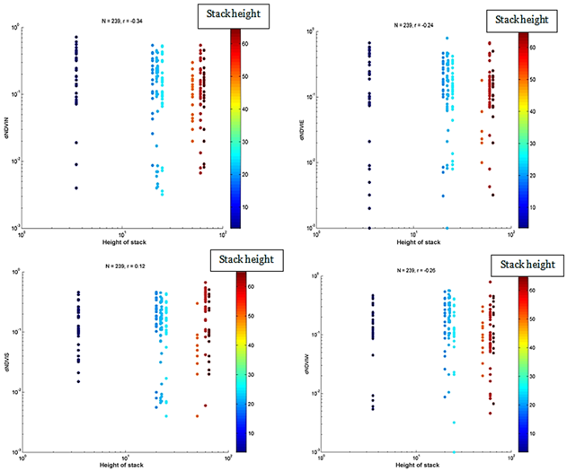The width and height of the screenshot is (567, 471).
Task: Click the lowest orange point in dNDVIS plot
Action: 196,416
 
